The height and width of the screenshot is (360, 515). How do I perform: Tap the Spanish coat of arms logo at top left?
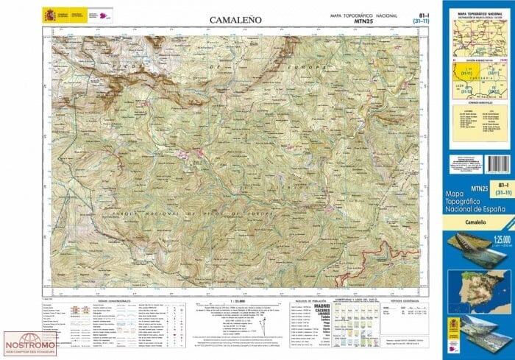pos(49,14)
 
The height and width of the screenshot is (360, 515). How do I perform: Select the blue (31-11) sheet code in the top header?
pos(423,21)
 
